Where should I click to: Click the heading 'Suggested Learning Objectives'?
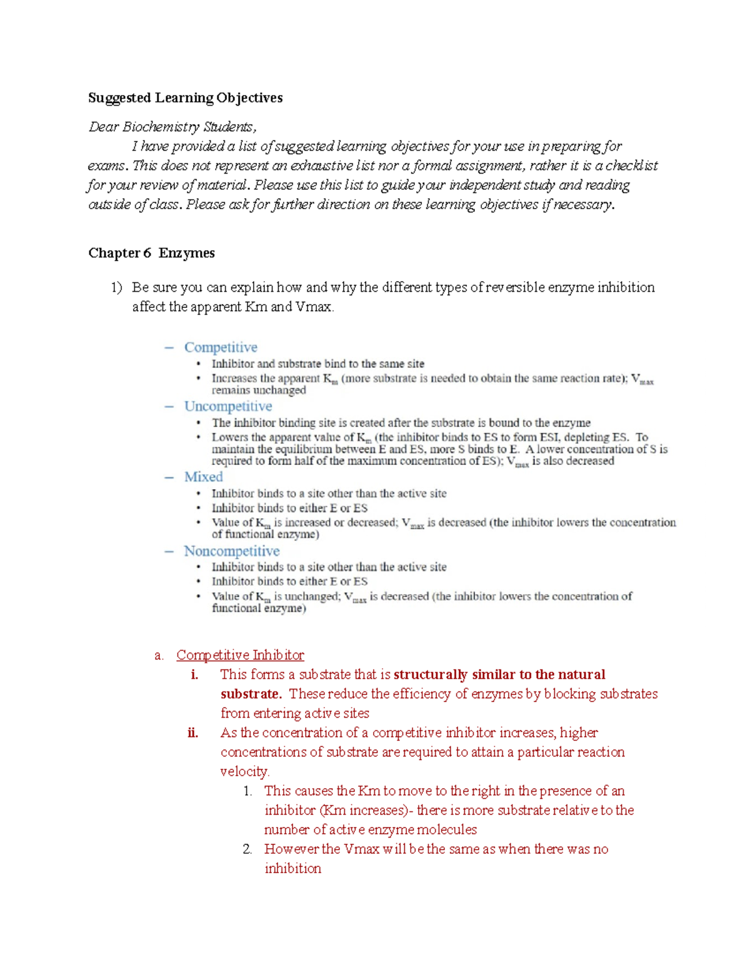[x=185, y=98]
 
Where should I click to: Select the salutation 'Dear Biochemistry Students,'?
[x=172, y=127]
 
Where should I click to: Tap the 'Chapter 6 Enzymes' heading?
[x=151, y=253]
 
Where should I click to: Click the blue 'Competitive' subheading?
[x=221, y=347]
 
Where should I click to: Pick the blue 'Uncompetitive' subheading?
[x=228, y=407]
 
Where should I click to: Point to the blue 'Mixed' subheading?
[x=203, y=477]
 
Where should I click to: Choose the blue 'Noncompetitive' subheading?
[x=231, y=552]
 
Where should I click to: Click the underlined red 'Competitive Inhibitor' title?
[x=240, y=655]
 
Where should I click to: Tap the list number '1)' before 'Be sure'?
[x=116, y=287]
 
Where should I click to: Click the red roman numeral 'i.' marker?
[x=194, y=675]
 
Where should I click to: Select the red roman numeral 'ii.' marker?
[x=192, y=733]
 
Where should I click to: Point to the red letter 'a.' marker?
[x=159, y=655]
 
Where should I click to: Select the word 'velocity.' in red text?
[x=244, y=771]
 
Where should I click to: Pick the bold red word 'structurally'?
[x=430, y=675]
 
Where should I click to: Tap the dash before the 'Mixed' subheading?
[x=169, y=477]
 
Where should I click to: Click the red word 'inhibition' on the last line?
[x=292, y=868]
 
